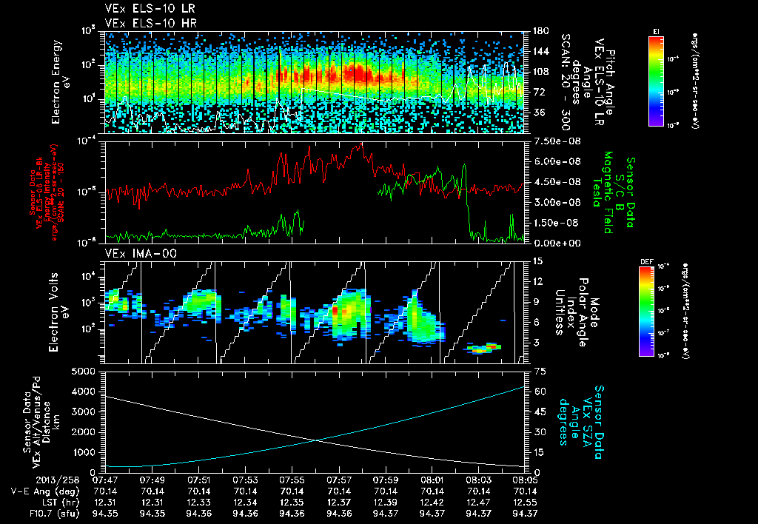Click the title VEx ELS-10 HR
coord(144,23)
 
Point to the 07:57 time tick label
coord(339,480)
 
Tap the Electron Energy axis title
coord(60,81)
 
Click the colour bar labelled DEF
coord(656,311)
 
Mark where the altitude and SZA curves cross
coord(318,441)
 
